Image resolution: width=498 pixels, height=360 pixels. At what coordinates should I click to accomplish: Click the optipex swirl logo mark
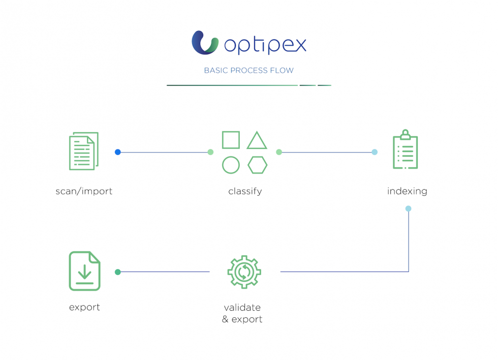tap(205, 43)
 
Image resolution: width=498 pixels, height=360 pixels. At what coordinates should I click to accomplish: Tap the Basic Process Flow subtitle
tap(248, 70)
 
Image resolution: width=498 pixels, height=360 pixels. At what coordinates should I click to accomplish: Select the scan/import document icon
tap(84, 151)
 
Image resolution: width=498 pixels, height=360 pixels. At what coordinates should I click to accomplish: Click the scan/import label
tap(84, 192)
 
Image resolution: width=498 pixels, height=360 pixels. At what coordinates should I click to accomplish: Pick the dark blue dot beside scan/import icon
tap(118, 152)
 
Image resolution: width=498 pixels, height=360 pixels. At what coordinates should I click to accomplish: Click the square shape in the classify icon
tap(231, 140)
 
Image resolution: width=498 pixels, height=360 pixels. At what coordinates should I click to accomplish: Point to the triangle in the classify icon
tap(257, 141)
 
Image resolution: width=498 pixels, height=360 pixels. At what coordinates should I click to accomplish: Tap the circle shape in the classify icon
tap(231, 165)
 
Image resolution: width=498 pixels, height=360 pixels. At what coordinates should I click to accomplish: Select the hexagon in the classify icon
tap(258, 165)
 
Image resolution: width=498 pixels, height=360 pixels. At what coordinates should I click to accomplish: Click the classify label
tap(245, 192)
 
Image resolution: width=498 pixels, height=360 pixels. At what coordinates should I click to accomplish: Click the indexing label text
tap(407, 192)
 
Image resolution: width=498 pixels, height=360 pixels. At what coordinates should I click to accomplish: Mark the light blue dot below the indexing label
tap(408, 208)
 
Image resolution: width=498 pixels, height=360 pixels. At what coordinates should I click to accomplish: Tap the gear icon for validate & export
tap(244, 272)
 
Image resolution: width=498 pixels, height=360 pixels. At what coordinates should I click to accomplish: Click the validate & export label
tap(242, 314)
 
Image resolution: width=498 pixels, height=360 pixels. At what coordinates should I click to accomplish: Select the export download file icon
tap(85, 271)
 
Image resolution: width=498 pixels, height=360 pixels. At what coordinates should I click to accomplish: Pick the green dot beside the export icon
tap(118, 272)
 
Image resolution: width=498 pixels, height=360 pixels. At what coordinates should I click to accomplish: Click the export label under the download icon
tap(84, 308)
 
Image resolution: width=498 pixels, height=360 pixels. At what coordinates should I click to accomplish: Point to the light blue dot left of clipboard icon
tap(375, 152)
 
